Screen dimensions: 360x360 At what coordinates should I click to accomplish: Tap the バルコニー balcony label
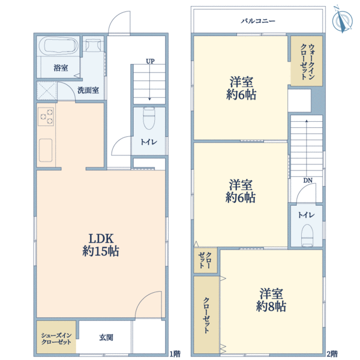(x=258, y=22)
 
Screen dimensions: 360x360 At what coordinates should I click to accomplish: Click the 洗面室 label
(x=88, y=90)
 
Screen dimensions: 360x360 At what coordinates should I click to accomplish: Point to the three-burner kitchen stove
(x=46, y=116)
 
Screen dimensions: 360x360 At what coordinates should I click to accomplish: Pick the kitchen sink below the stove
(x=46, y=151)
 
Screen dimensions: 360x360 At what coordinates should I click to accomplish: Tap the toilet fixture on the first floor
(x=149, y=118)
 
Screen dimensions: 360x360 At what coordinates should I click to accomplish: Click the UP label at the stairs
(x=150, y=61)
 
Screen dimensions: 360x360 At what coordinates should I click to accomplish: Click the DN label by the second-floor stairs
(x=308, y=181)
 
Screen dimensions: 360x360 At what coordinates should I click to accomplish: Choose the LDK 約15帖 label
(x=101, y=245)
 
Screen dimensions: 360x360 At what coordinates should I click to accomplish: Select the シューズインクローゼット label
(x=56, y=338)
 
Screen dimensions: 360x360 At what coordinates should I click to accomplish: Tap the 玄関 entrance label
(x=106, y=337)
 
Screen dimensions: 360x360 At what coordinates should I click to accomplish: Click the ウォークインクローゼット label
(x=307, y=62)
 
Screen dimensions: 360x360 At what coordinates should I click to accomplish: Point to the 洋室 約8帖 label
(x=271, y=300)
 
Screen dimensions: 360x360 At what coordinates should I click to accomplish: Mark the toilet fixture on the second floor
(x=307, y=235)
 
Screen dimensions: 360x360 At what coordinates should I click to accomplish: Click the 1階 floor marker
(x=175, y=354)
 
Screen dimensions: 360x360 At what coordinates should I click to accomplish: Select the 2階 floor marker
(x=332, y=354)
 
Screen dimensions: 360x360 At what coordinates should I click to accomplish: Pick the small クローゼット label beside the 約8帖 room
(x=205, y=260)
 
